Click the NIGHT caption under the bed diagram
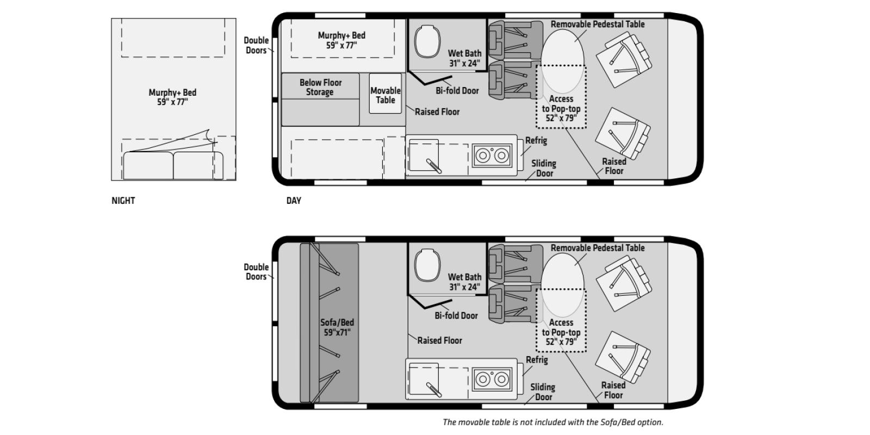[x=123, y=200]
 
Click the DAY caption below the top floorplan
[x=294, y=200]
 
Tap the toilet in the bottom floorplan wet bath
[x=428, y=266]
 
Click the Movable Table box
[x=385, y=94]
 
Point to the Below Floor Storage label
[x=320, y=87]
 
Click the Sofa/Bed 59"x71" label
[x=337, y=327]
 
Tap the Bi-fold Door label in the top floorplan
[x=457, y=91]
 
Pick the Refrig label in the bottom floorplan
[x=536, y=360]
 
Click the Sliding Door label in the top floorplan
[x=544, y=168]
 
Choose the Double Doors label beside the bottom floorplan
[x=256, y=271]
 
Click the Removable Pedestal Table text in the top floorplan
[x=597, y=24]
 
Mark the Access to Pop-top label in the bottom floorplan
[x=561, y=332]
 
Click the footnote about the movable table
[x=552, y=422]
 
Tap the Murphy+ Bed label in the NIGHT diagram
[x=172, y=97]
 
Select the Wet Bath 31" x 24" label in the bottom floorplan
[x=464, y=282]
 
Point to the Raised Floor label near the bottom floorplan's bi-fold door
[x=439, y=340]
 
